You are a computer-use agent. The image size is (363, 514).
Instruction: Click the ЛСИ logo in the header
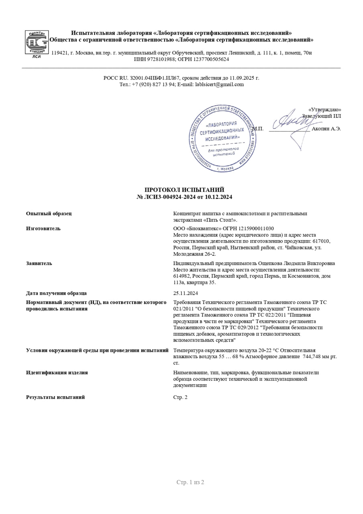tap(37, 43)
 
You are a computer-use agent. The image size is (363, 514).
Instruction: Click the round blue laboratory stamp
tap(223, 139)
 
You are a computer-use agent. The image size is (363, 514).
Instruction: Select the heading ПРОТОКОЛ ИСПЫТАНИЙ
tap(184, 190)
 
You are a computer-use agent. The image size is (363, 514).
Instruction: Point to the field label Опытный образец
tap(49, 214)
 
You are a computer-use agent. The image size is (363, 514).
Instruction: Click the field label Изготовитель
tap(43, 228)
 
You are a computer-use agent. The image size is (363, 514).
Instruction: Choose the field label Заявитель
tap(39, 263)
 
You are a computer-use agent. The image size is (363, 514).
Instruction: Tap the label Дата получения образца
tap(56, 293)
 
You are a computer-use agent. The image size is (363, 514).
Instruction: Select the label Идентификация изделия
tap(57, 373)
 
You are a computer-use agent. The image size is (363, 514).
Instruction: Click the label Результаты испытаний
tap(55, 397)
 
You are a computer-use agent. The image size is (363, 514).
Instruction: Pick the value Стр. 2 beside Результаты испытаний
tap(180, 397)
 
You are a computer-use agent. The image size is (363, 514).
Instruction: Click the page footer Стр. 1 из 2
tap(190, 482)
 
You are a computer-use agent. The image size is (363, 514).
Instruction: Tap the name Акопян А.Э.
tap(326, 128)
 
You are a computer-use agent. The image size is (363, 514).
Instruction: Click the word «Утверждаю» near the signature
tap(325, 110)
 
